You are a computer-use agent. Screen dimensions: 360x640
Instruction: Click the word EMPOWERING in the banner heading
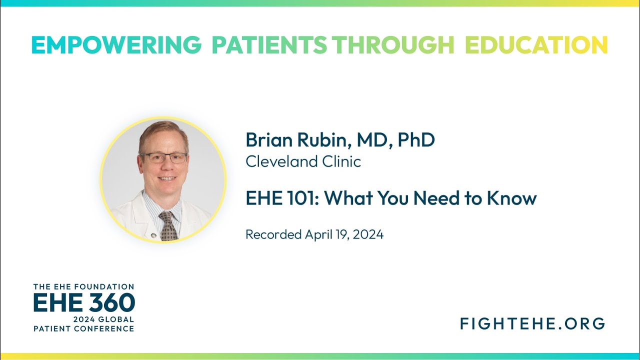click(x=116, y=45)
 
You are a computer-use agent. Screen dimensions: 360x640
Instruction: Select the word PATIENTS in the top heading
click(x=269, y=45)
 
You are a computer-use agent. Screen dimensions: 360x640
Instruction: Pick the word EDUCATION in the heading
click(x=536, y=45)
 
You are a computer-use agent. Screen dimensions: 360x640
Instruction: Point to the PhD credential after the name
click(x=416, y=140)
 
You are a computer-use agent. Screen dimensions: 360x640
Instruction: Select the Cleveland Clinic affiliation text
click(x=303, y=162)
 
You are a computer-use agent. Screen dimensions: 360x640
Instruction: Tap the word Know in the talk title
click(x=512, y=198)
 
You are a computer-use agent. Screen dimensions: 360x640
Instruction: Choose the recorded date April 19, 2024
click(x=344, y=234)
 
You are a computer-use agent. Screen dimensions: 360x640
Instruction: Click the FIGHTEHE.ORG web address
click(x=532, y=323)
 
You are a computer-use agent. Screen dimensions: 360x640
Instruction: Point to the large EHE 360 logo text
click(x=84, y=303)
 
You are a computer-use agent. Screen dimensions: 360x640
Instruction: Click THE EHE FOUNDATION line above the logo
click(x=84, y=287)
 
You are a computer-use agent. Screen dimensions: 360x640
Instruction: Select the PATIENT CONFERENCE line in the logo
click(x=84, y=328)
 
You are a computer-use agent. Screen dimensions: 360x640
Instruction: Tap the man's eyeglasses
click(x=163, y=158)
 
